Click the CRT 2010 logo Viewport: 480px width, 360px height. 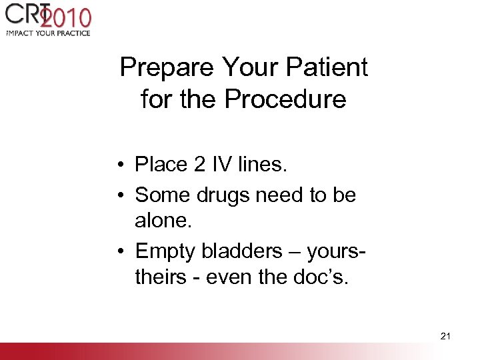coord(48,19)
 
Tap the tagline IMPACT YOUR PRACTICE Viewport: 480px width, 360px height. coord(48,33)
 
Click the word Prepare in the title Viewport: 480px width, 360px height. coord(167,67)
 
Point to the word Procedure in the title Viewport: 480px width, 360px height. coord(285,99)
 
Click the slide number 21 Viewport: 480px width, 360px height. coord(445,336)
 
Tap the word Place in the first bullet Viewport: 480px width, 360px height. coord(161,164)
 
